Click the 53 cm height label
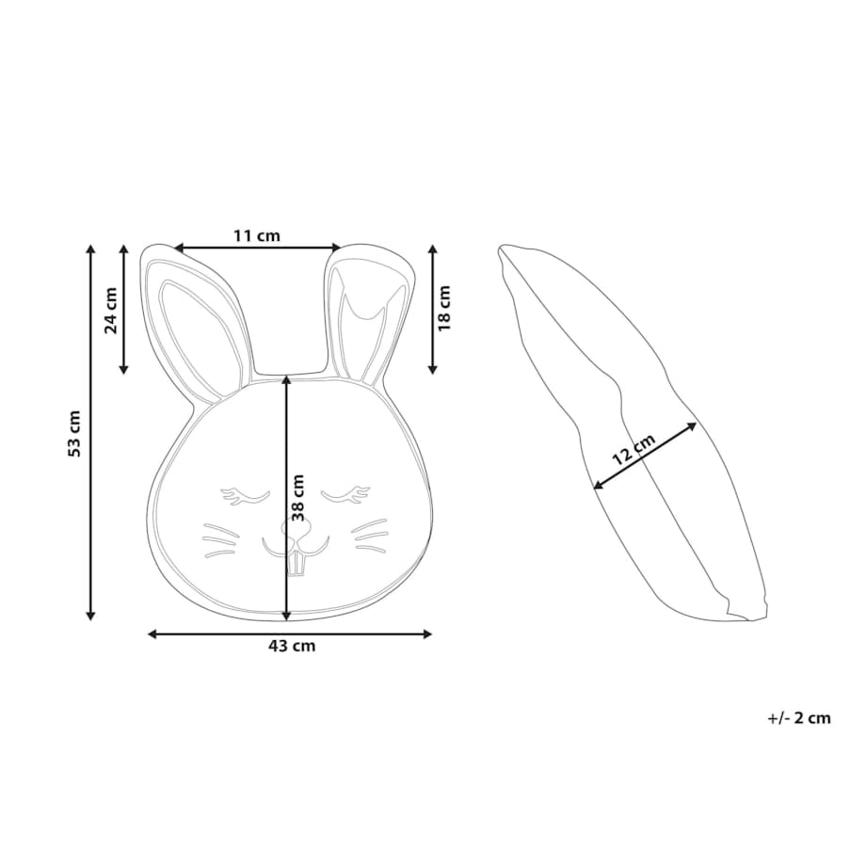click(75, 434)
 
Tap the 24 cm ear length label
click(111, 311)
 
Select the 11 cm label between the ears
click(257, 236)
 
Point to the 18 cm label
click(444, 308)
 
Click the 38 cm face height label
click(298, 498)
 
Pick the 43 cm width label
click(292, 646)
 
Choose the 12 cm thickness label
click(633, 449)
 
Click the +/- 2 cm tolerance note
click(799, 718)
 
